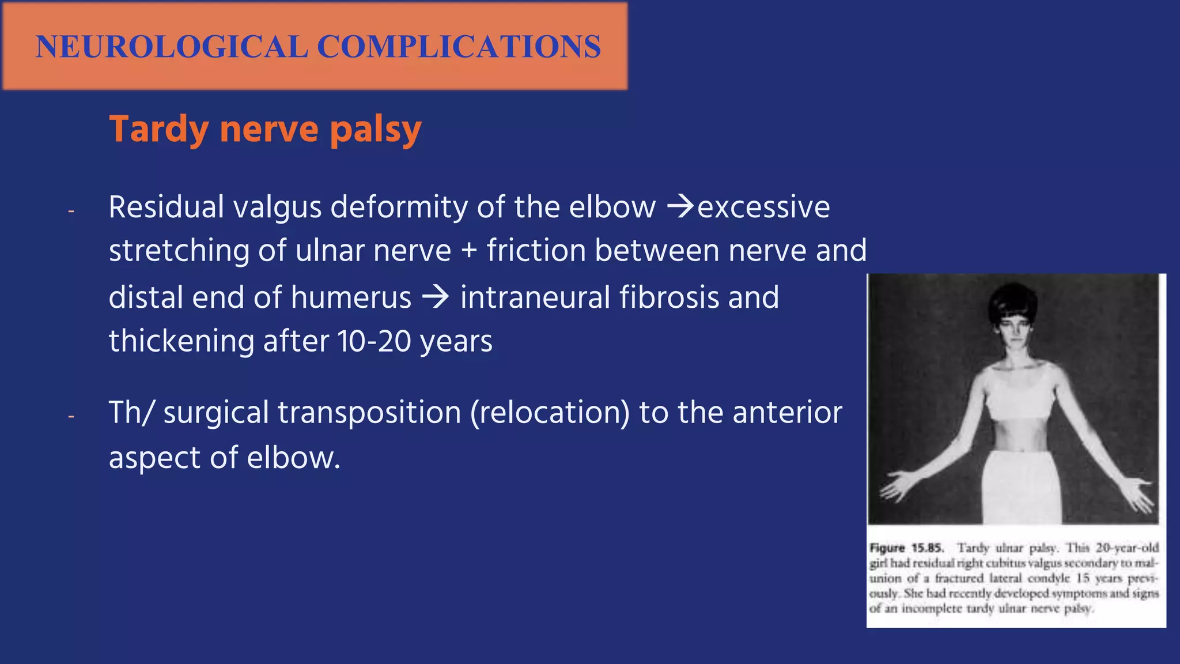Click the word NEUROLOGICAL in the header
pyautogui.click(x=172, y=47)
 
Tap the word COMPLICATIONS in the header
pyautogui.click(x=459, y=47)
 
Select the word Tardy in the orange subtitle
pyautogui.click(x=158, y=129)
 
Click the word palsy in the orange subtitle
pyautogui.click(x=376, y=130)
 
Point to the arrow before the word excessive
pyautogui.click(x=680, y=207)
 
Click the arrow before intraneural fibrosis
pyautogui.click(x=436, y=297)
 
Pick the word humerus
pyautogui.click(x=351, y=297)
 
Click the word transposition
pyautogui.click(x=369, y=413)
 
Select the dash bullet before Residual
pyautogui.click(x=71, y=211)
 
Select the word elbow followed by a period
pyautogui.click(x=293, y=458)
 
